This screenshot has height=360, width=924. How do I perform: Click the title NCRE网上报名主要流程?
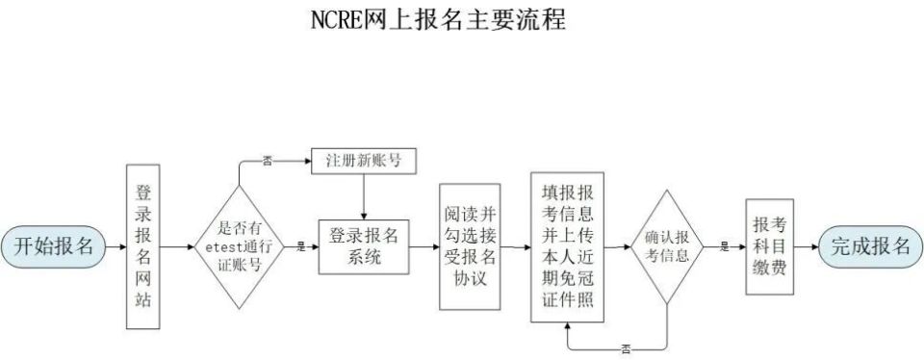tap(437, 19)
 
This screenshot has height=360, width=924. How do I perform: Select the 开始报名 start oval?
tap(53, 246)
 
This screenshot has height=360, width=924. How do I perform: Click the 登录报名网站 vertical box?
tap(142, 246)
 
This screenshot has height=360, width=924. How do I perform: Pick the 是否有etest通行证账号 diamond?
tap(239, 246)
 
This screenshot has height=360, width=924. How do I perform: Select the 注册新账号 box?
tap(364, 161)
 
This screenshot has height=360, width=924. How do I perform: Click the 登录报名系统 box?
tap(364, 246)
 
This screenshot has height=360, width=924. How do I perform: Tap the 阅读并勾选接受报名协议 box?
tap(470, 246)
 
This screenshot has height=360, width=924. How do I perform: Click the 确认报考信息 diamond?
tap(666, 246)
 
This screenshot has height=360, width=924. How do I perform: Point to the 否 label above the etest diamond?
tap(267, 161)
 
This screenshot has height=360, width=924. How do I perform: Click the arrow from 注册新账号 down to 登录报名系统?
tap(364, 198)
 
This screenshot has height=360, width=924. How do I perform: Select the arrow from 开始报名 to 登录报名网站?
tap(116, 246)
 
